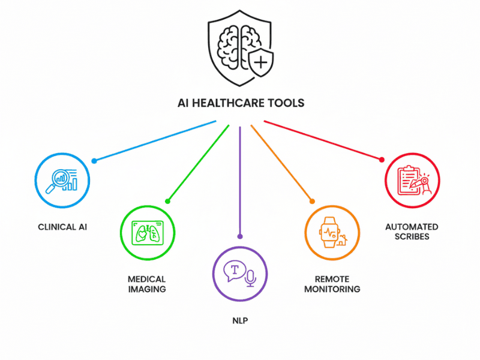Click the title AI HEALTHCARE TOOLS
[x=240, y=103]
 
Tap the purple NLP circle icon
[x=240, y=273]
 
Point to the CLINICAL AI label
[x=62, y=227]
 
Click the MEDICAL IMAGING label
[x=147, y=284]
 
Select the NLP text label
[x=240, y=321]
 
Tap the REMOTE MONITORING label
[x=332, y=284]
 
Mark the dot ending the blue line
[x=94, y=161]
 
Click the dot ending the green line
[x=168, y=200]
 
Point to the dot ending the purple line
[x=240, y=236]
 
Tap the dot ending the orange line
[x=311, y=200]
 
